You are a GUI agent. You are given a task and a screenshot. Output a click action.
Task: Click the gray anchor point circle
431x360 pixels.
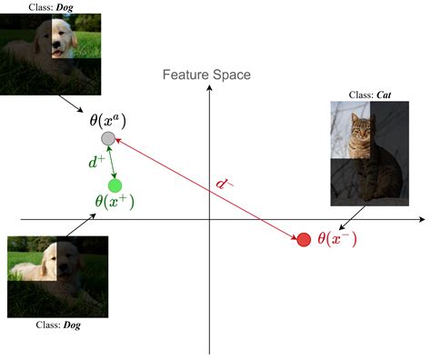(x=108, y=138)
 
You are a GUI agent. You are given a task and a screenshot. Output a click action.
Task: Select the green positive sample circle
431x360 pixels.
(x=115, y=185)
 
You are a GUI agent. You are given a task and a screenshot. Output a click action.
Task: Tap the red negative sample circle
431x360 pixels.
(x=303, y=239)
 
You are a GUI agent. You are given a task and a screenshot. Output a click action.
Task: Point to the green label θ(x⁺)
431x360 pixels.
(x=115, y=204)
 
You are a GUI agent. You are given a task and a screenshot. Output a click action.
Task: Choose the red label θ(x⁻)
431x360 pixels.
(x=336, y=239)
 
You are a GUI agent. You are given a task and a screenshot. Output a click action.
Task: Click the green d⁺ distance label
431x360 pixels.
(x=96, y=164)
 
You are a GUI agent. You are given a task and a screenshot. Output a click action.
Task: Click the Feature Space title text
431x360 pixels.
(x=207, y=75)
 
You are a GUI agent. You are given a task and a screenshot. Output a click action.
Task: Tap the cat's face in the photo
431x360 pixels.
(x=361, y=129)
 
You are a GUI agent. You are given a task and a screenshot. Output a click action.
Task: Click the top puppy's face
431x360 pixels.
(x=56, y=40)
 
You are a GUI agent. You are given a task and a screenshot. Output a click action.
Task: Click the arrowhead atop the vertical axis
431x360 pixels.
(x=209, y=89)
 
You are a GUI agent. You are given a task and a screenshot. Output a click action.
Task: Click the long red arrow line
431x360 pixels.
(x=205, y=189)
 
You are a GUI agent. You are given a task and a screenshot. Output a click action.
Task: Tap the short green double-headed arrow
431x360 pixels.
(x=112, y=162)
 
